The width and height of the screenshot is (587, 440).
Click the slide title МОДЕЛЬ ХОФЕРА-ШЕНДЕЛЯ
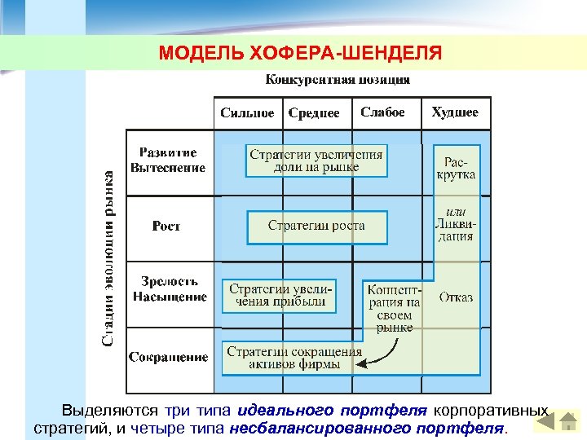[x=301, y=54]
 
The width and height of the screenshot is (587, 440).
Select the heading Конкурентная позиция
[x=338, y=80]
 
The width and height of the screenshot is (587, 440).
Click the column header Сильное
[x=247, y=113]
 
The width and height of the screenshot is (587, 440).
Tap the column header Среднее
[x=314, y=113]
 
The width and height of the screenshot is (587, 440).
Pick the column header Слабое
[x=382, y=112]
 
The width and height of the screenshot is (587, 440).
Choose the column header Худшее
[x=455, y=112]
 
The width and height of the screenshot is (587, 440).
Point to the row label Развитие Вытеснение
[x=168, y=161]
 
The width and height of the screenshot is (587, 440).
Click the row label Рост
[x=166, y=227]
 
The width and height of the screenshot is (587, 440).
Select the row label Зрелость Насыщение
[x=170, y=289]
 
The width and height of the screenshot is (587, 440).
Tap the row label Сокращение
[x=168, y=357]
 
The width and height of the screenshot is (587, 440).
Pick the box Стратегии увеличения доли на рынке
[x=316, y=161]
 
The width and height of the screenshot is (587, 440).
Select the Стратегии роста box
[x=316, y=226]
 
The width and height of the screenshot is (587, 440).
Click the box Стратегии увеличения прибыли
[x=277, y=295]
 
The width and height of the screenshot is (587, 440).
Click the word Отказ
[x=456, y=297]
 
